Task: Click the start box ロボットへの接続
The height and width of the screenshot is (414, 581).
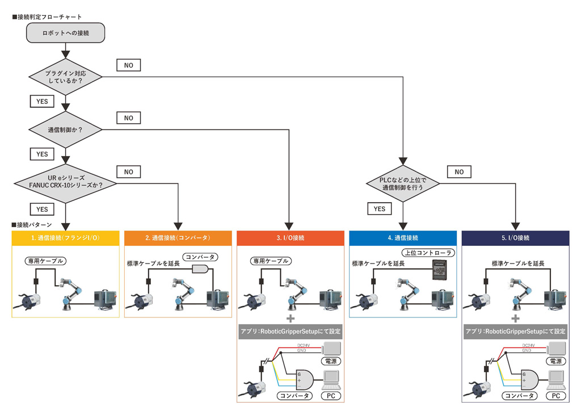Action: [65, 34]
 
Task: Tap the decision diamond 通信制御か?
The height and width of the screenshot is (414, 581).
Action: [65, 129]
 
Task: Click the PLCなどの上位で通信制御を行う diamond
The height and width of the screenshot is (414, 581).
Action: [403, 183]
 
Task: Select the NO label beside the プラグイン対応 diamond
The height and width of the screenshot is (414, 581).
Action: [128, 65]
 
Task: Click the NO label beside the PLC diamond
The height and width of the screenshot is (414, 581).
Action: [459, 171]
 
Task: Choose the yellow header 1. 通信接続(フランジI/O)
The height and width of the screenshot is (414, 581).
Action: [65, 238]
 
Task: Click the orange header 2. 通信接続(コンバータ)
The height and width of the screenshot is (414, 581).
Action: [178, 238]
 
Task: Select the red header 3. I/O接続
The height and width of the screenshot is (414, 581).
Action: [290, 238]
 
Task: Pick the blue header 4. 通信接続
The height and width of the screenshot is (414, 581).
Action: [402, 238]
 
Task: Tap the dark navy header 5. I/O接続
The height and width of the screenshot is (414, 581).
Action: [515, 238]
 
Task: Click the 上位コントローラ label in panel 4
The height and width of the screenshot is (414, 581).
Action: [423, 253]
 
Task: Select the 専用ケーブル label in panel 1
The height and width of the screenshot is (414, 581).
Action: [45, 261]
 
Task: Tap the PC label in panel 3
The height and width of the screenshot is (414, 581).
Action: [331, 395]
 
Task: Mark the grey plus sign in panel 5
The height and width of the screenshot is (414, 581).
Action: [515, 319]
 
